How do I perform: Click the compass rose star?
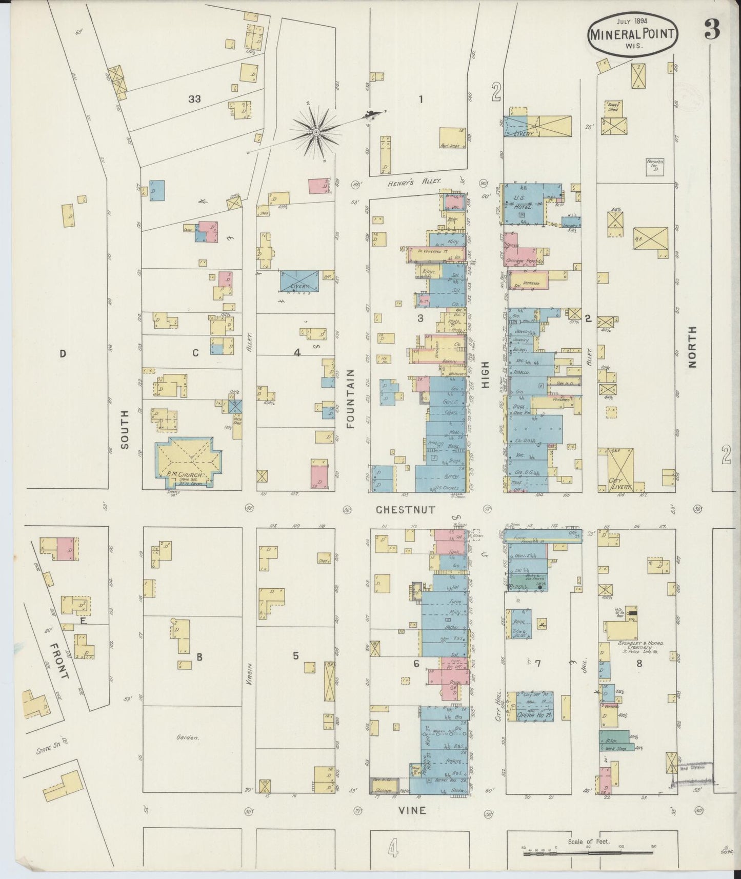316,133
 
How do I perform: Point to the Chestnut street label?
405,510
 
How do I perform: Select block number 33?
194,99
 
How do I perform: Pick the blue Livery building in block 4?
297,282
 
